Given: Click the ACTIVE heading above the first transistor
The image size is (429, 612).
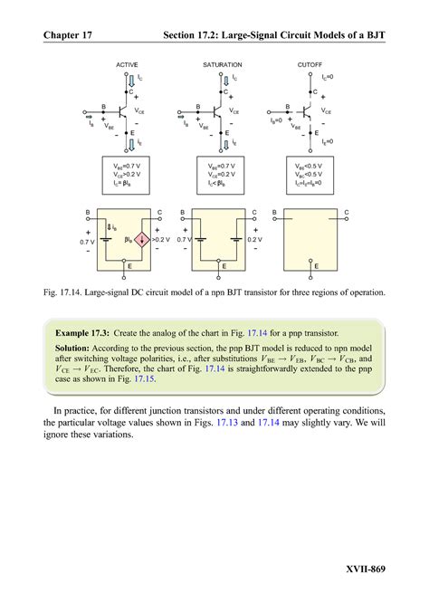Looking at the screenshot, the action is tap(127, 66).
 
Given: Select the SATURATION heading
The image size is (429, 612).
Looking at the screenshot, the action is tap(222, 66).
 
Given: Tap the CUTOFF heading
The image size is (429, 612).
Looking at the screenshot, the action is tap(310, 66).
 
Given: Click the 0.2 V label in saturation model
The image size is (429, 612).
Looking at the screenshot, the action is tap(256, 241).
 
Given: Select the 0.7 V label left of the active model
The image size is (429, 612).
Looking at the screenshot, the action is tap(87, 242).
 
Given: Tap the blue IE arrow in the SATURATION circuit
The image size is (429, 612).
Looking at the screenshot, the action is tap(223, 142).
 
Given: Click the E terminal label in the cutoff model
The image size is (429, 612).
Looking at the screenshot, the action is tap(316, 267).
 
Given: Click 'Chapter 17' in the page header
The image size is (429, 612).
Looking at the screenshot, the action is tap(71, 36).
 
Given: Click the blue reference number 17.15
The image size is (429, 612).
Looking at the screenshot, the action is tap(145, 379).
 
